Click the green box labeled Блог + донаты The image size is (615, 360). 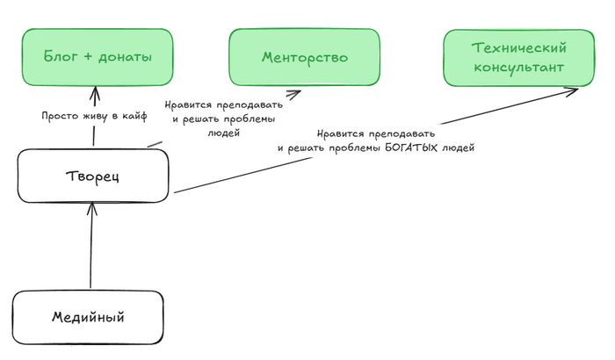click(98, 57)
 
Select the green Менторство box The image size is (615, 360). click(305, 57)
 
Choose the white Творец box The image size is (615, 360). click(93, 175)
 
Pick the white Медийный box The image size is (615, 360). click(88, 316)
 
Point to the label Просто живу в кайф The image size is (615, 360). click(93, 115)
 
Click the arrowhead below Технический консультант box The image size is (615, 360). click(573, 90)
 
